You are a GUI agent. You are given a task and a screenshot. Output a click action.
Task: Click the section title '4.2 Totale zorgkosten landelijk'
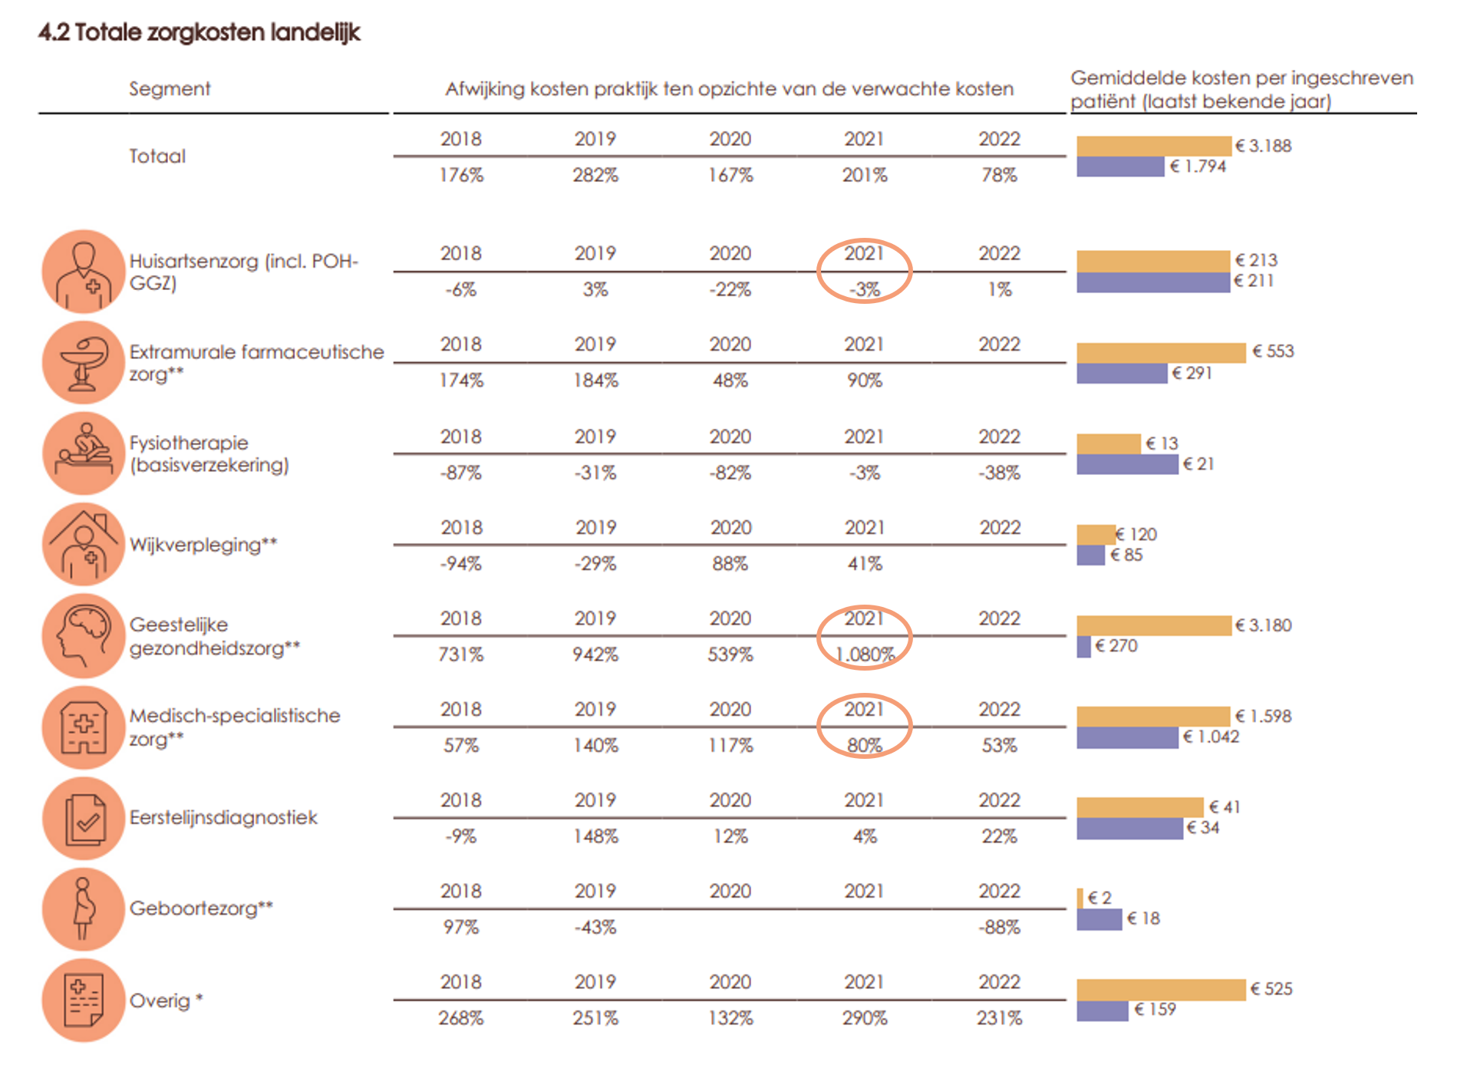click(x=199, y=32)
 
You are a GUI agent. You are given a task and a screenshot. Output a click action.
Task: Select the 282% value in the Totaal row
click(x=595, y=175)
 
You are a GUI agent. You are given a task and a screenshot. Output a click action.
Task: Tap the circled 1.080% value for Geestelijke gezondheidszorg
click(x=865, y=654)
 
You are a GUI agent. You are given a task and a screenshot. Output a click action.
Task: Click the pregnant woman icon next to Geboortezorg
click(x=84, y=909)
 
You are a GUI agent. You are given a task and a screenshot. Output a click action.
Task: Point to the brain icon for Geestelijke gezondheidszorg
click(x=84, y=635)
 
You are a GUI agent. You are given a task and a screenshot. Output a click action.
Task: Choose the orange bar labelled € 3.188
click(x=1153, y=146)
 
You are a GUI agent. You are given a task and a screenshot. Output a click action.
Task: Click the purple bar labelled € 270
click(x=1083, y=647)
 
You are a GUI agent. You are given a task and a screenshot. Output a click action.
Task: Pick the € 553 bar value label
click(x=1273, y=351)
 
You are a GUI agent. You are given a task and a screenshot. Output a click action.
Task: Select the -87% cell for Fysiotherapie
click(x=460, y=473)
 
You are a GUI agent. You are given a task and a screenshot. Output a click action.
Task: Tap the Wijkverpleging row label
click(x=203, y=545)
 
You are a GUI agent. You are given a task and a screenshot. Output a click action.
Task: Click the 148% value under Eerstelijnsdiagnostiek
click(x=595, y=836)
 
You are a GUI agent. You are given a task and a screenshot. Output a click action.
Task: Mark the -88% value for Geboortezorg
click(x=999, y=927)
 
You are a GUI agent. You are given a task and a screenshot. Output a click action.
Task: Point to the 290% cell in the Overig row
click(x=865, y=1018)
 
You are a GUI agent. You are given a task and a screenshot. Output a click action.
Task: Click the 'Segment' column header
click(x=169, y=89)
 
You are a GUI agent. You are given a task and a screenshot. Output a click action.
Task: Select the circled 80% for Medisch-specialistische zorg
click(x=865, y=745)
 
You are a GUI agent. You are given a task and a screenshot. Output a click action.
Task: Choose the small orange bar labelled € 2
click(x=1080, y=898)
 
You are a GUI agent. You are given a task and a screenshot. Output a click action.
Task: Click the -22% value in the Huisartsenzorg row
click(x=730, y=290)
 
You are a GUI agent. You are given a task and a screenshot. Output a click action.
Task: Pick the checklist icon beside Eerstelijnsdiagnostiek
click(x=84, y=819)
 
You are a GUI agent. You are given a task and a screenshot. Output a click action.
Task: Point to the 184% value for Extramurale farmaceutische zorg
click(x=595, y=381)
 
